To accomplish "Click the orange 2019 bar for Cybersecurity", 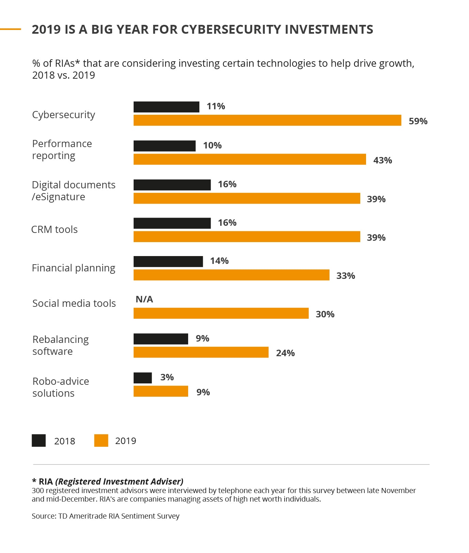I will coord(267,120).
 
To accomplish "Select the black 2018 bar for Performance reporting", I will coord(164,146).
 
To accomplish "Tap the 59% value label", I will coord(418,121).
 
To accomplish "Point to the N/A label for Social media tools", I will coord(144,299).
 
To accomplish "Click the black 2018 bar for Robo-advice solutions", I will coord(142,378).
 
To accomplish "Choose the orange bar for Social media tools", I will coord(221,313).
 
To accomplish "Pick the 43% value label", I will coord(382,160).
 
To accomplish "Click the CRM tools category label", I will coord(55,230).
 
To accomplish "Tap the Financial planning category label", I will coord(74,268).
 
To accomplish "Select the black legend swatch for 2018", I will coord(39,440).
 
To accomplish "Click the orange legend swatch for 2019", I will coord(101,440).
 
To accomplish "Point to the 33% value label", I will coord(346,276).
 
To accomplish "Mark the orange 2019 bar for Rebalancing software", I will coord(201,352).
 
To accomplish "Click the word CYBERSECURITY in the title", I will coord(231,30).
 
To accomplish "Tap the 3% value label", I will coord(167,377).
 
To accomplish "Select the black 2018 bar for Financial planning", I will coord(168,262).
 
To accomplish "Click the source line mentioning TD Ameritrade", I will coord(106,516).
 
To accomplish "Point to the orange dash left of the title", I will coord(11,29).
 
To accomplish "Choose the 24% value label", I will coord(285,353).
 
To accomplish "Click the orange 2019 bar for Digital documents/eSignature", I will coord(247,198).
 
